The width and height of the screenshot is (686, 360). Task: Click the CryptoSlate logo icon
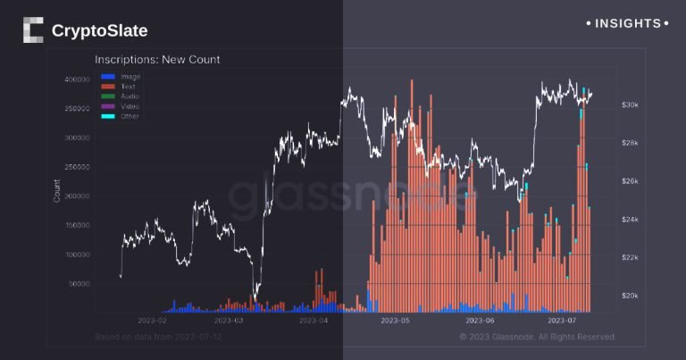[x=33, y=30]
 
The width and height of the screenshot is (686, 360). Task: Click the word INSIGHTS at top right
[x=627, y=23]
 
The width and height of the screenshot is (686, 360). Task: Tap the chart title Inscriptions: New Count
[x=157, y=60]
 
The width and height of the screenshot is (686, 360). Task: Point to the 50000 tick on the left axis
[x=80, y=283]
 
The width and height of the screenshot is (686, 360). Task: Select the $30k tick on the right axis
[x=630, y=105]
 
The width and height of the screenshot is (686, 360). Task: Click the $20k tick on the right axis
[x=630, y=296]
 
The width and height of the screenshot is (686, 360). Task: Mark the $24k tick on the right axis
[x=630, y=220]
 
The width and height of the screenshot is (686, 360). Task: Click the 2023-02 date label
[x=153, y=319]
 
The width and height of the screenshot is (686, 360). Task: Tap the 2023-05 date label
[x=394, y=319]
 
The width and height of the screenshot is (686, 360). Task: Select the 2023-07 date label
[x=562, y=319]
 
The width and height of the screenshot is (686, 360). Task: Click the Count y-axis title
[x=58, y=190]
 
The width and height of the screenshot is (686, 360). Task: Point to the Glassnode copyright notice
[x=538, y=337]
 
